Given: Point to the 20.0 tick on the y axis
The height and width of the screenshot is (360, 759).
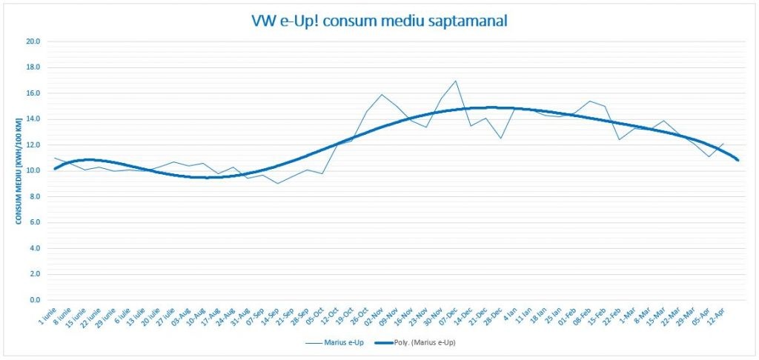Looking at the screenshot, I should click(33, 41).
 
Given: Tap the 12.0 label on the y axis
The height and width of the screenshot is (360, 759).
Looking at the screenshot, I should click(33, 145).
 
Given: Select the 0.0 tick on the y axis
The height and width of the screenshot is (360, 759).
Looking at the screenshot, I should click(34, 300).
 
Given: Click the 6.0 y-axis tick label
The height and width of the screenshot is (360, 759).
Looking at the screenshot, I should click(34, 222).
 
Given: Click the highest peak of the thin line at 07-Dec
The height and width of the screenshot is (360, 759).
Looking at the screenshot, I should click(455, 81).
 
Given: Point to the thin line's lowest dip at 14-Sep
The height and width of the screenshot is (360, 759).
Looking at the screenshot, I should click(278, 183).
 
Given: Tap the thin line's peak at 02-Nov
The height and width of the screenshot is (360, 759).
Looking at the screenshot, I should click(381, 94).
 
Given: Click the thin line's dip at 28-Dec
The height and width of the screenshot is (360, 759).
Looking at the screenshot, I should click(500, 139).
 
